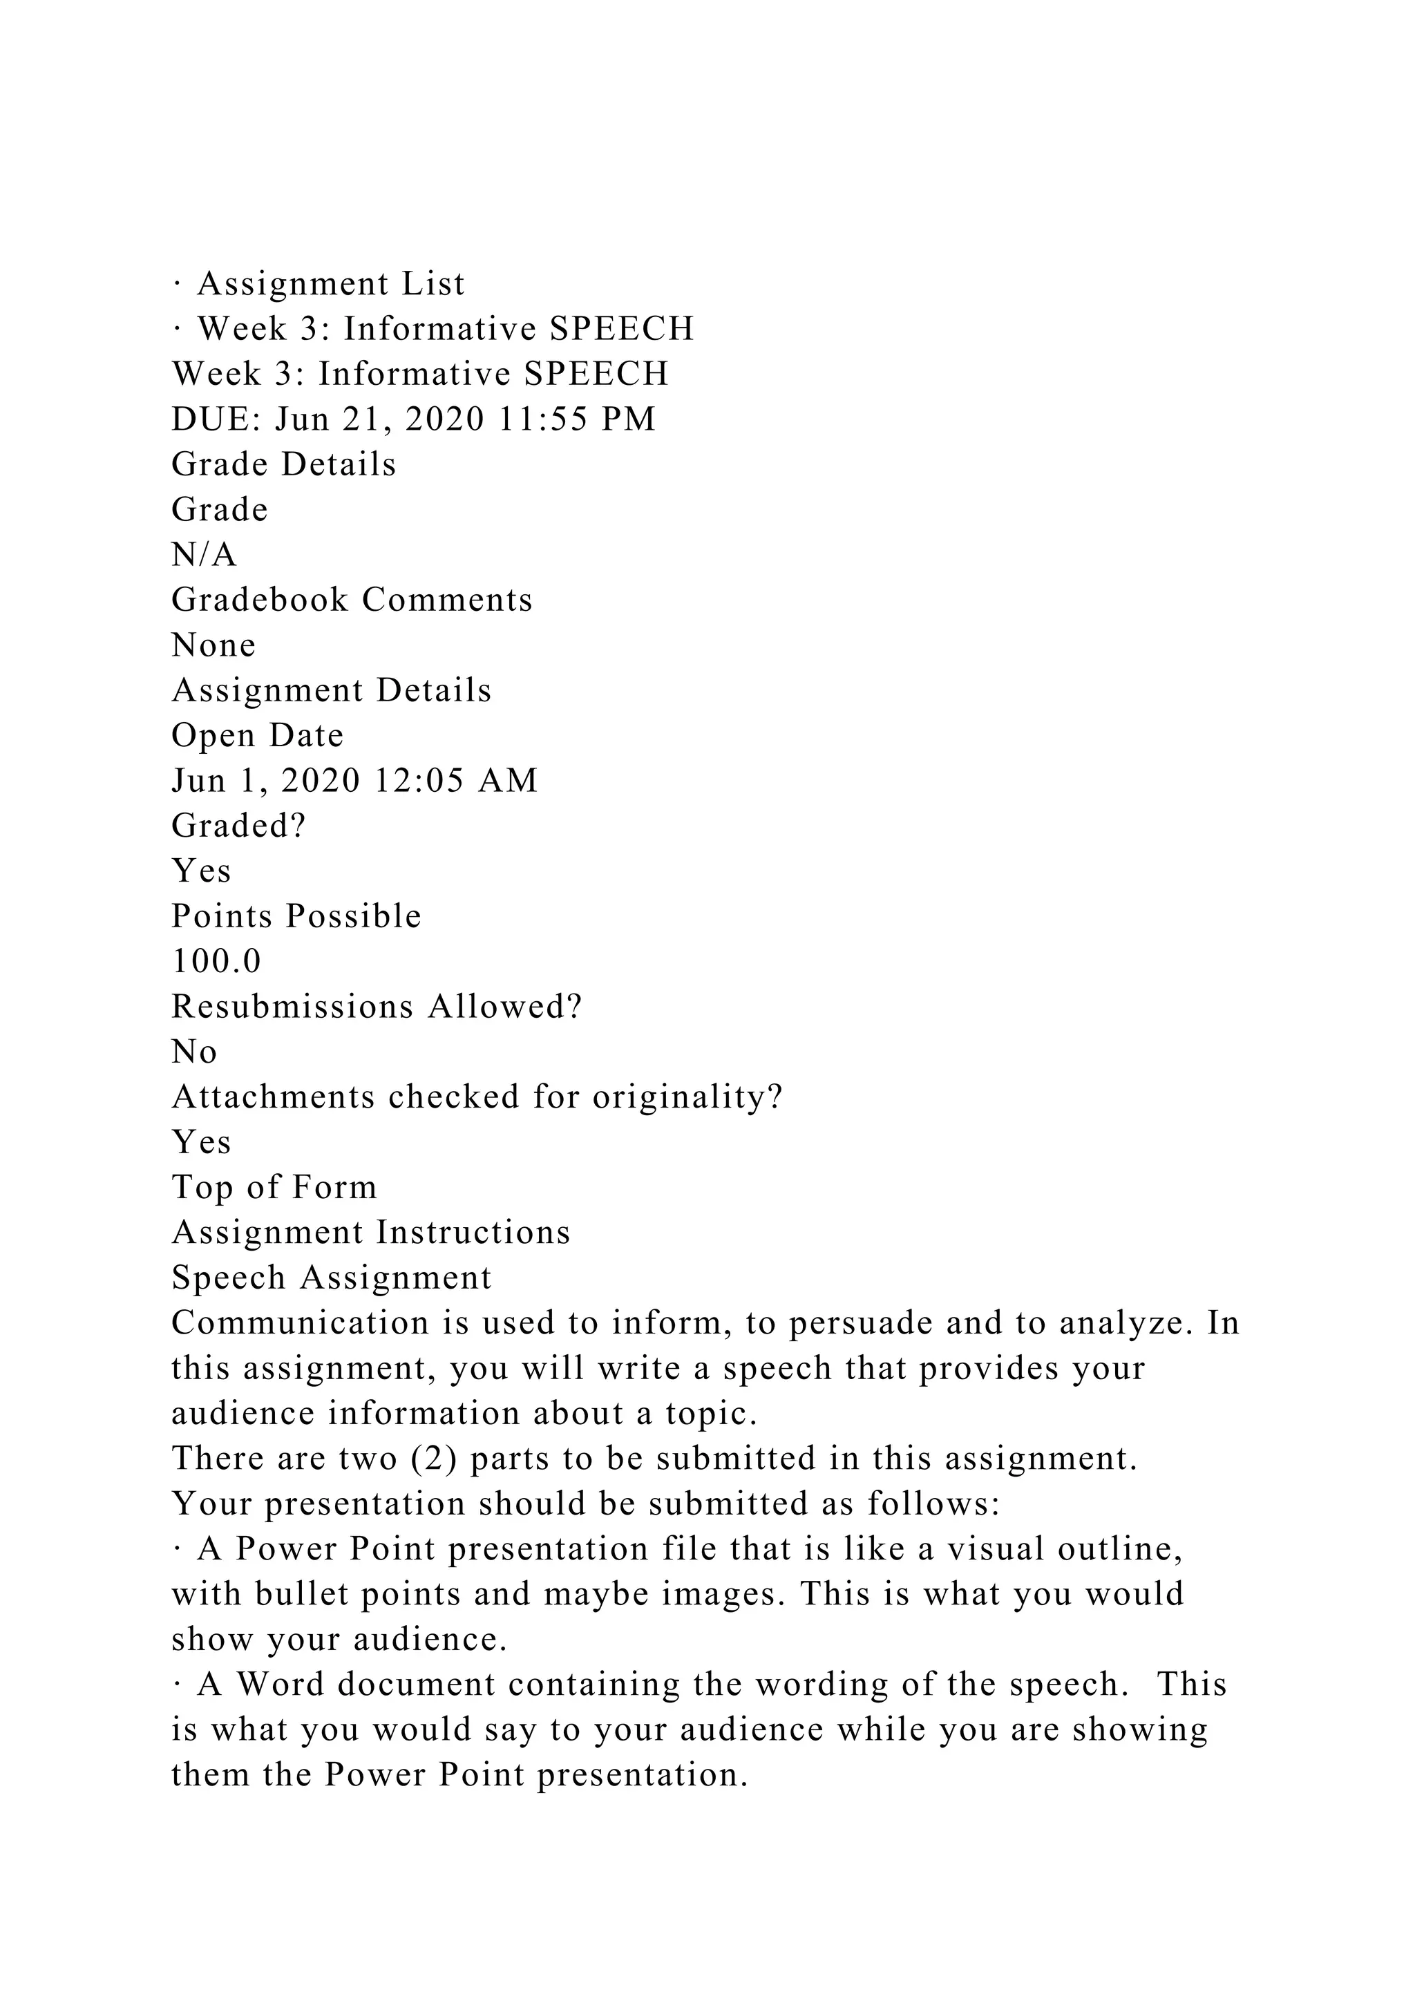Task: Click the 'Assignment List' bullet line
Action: (x=319, y=284)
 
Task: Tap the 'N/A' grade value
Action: (x=204, y=555)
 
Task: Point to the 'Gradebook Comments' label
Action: (x=352, y=600)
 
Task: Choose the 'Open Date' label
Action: (x=258, y=737)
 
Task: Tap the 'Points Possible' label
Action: (x=296, y=917)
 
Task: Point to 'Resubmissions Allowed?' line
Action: (x=377, y=1007)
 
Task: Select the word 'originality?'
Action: (x=687, y=1098)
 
